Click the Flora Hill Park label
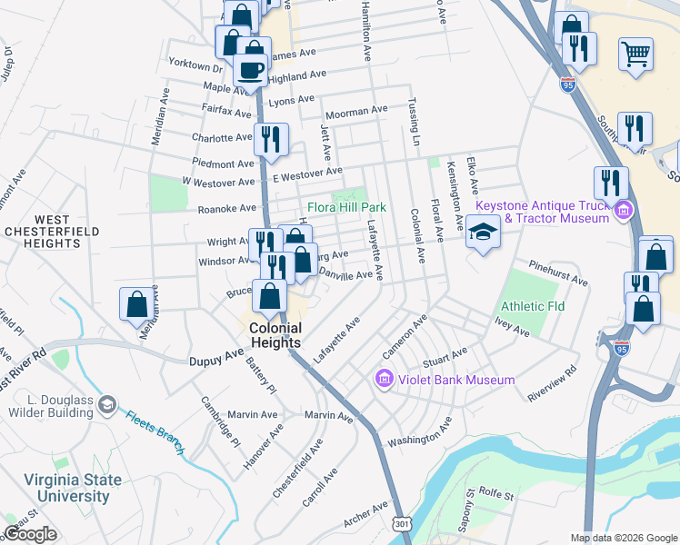(346, 207)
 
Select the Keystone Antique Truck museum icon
(623, 213)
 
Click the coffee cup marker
(250, 69)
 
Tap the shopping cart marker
(635, 53)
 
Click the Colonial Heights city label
(275, 335)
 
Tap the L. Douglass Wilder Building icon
(107, 403)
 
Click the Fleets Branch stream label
(155, 433)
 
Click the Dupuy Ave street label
(216, 361)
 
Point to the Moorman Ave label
(356, 113)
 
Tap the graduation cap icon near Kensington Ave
(484, 233)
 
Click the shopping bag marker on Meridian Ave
(136, 304)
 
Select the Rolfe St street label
(496, 496)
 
